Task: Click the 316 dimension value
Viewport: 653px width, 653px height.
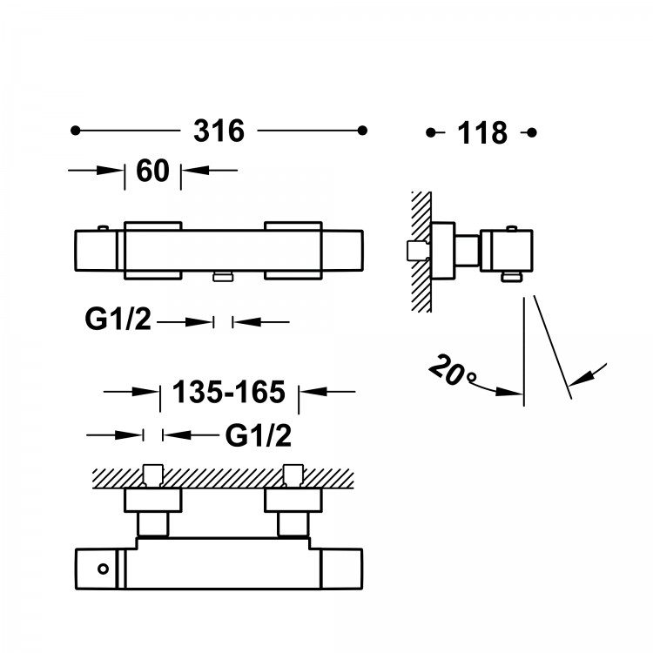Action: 219,131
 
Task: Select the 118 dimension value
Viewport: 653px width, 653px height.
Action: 481,132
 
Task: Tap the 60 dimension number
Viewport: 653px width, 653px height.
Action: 152,171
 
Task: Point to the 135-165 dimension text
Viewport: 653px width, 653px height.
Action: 230,393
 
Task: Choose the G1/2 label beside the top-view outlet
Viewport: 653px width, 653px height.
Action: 118,320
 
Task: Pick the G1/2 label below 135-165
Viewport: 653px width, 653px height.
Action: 258,434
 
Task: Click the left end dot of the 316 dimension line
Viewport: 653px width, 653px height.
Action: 76,131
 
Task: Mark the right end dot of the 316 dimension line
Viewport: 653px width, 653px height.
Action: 361,131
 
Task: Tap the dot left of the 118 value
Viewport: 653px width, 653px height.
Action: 431,132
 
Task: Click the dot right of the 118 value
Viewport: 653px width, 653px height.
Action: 532,132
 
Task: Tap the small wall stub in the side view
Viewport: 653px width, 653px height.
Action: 415,250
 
